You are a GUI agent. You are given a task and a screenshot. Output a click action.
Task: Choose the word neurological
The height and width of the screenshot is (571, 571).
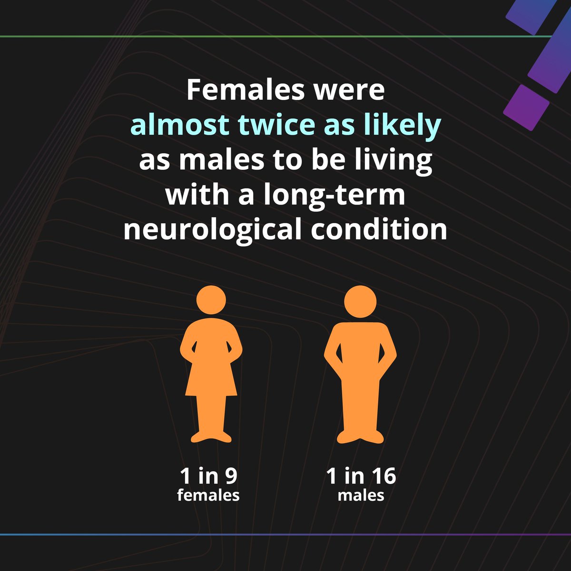[x=212, y=230]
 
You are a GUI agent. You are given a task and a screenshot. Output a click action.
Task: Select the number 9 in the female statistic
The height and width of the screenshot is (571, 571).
[x=230, y=476]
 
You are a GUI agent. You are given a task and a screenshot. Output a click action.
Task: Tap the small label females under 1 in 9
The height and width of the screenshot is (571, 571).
[x=208, y=495]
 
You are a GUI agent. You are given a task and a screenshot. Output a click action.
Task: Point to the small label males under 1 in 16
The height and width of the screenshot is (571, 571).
[x=361, y=495]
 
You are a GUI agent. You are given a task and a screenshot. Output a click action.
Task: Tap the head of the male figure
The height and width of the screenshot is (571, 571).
[x=360, y=301]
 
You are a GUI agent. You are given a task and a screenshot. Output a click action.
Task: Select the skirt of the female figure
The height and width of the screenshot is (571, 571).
[x=211, y=381]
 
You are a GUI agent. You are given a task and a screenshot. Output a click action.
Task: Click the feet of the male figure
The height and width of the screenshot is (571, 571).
[x=360, y=436]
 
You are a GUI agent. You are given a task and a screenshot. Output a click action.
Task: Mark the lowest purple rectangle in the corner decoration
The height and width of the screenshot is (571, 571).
[x=526, y=108]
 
